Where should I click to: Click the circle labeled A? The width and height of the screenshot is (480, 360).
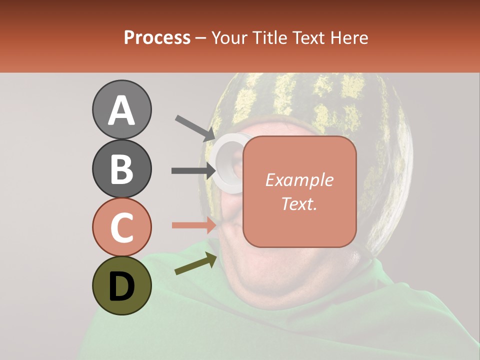coord(122,110)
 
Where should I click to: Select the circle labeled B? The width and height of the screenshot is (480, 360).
coord(122,169)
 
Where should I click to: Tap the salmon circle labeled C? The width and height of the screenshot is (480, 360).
coord(122,227)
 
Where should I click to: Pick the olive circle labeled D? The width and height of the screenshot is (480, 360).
coord(122,285)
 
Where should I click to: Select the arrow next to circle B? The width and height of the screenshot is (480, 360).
coord(193,170)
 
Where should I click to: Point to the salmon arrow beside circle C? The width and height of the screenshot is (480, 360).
coord(193,225)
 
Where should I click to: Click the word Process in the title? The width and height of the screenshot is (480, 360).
coord(157,38)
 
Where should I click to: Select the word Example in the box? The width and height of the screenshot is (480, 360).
coord(299,180)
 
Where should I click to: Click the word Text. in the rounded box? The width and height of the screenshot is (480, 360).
coord(299,203)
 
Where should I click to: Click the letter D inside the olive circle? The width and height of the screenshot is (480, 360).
coord(122,286)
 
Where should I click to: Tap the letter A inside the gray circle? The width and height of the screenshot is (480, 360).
coord(122,110)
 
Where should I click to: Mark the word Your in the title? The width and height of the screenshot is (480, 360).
coord(228,38)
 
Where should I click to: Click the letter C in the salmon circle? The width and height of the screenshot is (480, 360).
coord(122,227)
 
